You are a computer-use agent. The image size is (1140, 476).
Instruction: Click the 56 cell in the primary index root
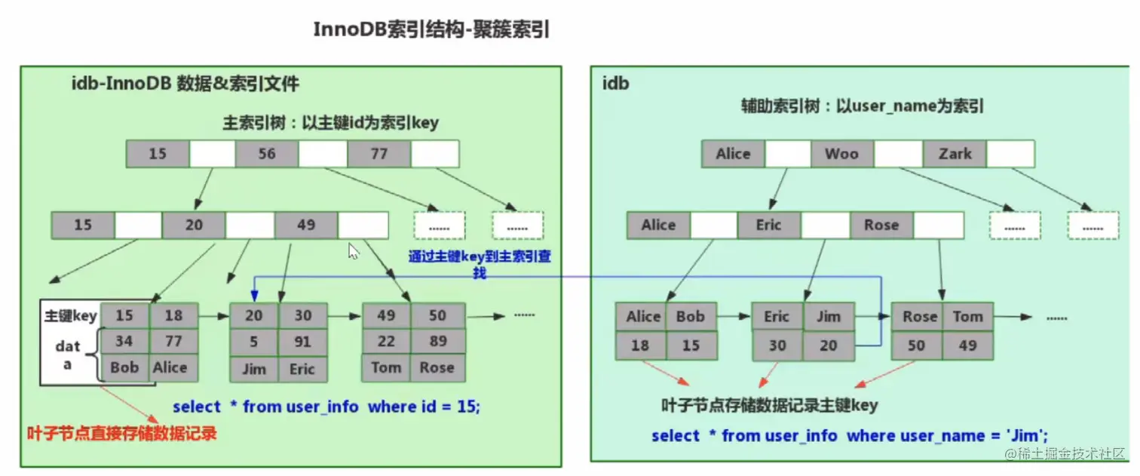266,154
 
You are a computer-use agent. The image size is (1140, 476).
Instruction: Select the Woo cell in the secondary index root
841,154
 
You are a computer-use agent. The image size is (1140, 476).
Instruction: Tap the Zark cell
955,154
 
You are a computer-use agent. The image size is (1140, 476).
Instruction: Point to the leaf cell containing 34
124,341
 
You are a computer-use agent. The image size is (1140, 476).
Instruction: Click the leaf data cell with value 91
302,342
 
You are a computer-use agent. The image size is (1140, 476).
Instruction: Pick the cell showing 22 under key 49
386,342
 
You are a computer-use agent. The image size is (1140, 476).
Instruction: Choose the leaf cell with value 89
437,342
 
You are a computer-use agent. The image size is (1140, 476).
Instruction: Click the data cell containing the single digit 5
253,342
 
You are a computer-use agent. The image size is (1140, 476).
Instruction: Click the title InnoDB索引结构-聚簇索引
431,30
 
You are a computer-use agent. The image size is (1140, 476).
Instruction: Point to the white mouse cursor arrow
353,250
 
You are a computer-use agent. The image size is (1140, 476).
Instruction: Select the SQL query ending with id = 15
326,407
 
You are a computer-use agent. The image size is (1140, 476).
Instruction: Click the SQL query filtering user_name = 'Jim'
850,436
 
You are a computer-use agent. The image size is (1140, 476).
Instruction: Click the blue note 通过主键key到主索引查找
480,264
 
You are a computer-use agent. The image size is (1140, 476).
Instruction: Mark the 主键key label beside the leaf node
71,316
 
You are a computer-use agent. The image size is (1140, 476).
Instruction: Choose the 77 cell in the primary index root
378,154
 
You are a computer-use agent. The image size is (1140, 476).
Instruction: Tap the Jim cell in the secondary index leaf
828,317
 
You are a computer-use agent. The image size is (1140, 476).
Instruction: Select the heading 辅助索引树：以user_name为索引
863,106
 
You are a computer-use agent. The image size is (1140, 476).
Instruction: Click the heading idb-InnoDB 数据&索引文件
185,84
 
